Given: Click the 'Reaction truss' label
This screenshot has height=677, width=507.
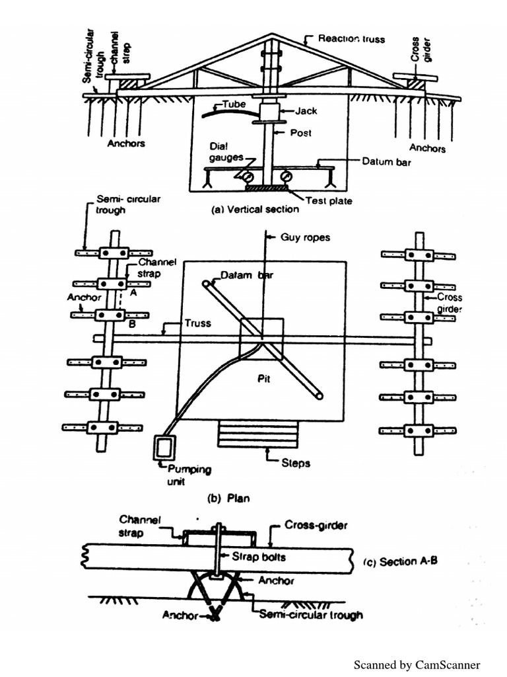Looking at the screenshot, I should (351, 39).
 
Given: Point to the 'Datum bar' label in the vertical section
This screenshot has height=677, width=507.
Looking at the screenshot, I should (386, 161).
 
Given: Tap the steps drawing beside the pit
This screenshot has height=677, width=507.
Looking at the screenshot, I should (258, 436).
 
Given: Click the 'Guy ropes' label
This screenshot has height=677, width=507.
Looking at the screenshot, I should (304, 236).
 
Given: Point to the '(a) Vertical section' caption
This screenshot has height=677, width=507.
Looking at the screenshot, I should (254, 210).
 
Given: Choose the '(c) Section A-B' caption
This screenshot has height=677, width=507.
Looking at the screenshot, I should (400, 562).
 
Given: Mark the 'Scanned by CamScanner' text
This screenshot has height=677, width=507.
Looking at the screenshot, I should (417, 664).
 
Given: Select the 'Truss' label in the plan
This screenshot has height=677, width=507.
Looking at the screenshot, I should (197, 323).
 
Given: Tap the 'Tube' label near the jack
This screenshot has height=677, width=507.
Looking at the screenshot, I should (234, 104).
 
